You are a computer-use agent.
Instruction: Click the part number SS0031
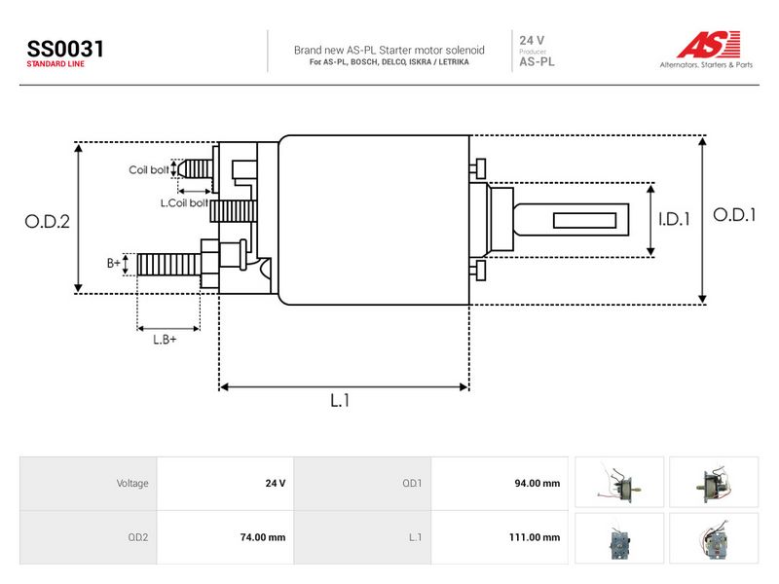point(65,49)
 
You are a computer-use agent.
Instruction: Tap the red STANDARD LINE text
point(56,64)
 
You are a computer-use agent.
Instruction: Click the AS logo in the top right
point(709,44)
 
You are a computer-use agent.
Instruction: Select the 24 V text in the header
point(532,40)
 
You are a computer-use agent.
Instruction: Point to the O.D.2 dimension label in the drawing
point(47,222)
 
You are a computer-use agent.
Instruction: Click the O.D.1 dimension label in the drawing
point(734,215)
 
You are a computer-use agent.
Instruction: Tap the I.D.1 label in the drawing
point(674,219)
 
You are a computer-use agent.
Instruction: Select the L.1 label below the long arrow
point(340,400)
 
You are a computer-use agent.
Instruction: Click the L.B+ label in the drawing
point(165,340)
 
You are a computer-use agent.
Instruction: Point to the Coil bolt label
point(149,169)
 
